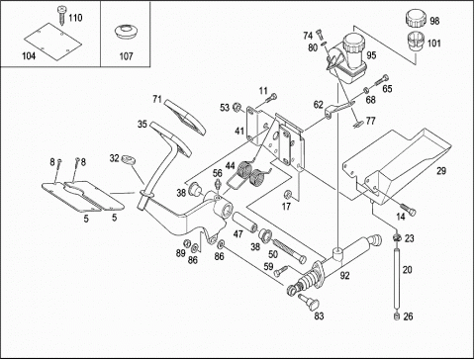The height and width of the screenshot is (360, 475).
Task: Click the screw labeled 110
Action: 62,15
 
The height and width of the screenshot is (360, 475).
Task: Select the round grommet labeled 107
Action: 126,33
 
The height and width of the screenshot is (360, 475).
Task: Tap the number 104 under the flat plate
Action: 29,56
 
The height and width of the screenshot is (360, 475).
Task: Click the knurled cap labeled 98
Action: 416,19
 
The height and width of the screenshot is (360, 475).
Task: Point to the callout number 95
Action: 371,55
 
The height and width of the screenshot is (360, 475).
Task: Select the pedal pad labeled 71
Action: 185,117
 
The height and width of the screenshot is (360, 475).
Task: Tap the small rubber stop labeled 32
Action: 129,160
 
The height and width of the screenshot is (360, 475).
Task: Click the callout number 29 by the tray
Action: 441,171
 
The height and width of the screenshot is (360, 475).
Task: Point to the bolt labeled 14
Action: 408,210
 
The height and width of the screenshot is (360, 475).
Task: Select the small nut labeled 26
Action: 397,316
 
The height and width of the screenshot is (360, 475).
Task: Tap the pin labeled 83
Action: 308,302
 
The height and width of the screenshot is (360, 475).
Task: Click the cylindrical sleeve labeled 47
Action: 245,223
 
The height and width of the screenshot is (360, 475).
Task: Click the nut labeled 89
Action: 186,243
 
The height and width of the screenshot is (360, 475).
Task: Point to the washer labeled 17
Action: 288,194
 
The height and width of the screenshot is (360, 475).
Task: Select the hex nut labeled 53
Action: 237,107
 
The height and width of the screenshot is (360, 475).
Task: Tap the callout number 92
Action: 344,275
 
